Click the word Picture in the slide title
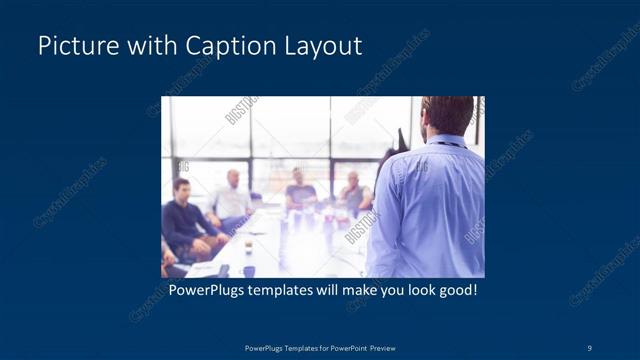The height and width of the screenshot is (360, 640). tap(73, 46)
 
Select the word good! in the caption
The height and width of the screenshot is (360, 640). tap(455, 291)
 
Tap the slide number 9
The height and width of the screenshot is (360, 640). tap(589, 347)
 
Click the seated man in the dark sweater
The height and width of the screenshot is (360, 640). tap(182, 215)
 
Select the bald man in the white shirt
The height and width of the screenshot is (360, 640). tap(232, 195)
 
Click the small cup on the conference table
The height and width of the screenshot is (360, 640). tap(248, 244)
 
